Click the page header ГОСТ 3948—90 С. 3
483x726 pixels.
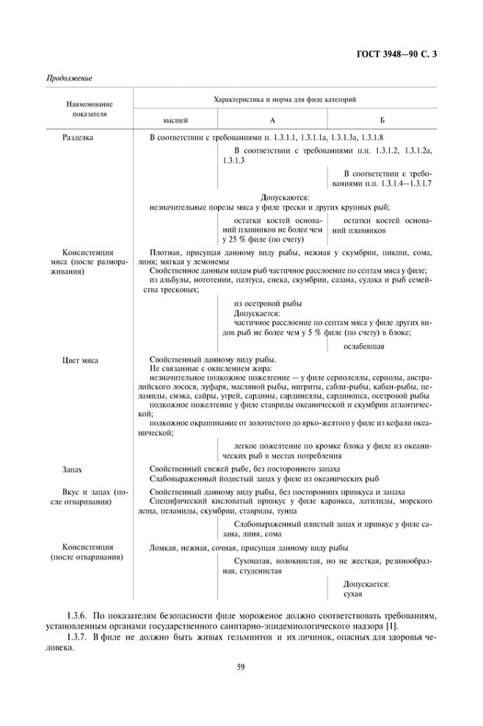395,52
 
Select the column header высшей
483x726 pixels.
175,119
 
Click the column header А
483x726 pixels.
272,119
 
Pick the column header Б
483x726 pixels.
382,119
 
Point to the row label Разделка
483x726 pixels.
77,137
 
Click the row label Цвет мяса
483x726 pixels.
81,360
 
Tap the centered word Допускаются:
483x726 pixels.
285,197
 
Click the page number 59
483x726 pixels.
240,666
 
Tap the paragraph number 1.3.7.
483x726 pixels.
77,637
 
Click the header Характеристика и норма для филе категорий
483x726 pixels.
285,99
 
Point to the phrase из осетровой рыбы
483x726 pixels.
268,304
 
